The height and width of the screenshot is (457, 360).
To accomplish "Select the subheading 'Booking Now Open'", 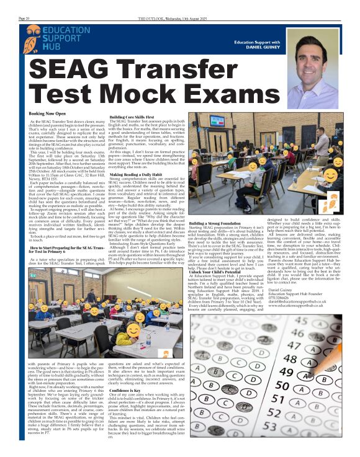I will (x=47, y=113).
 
